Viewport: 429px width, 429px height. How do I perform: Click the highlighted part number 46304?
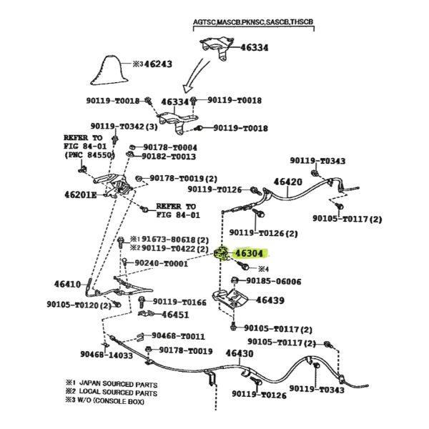click(250, 252)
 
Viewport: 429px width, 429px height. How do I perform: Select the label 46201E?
click(81, 193)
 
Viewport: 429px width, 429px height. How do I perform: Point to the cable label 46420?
click(289, 182)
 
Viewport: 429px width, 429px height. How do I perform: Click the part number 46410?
click(66, 284)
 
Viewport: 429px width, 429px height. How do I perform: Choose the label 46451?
click(175, 314)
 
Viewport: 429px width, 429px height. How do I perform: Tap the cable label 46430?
click(239, 353)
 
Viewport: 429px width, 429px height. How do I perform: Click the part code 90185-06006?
click(274, 282)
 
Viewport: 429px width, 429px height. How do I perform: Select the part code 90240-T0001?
click(161, 263)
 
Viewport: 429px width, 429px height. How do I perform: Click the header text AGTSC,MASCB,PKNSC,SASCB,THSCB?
click(253, 22)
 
